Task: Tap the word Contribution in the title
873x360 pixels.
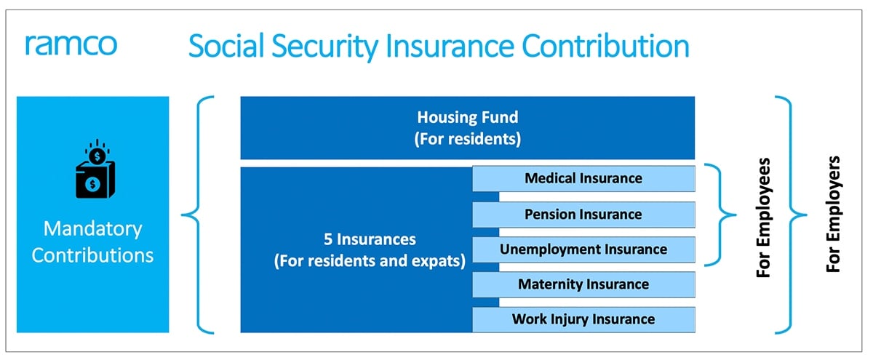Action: point(605,47)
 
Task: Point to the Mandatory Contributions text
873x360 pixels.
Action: point(92,242)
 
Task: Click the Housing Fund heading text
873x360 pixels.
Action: point(467,117)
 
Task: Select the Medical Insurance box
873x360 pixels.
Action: point(583,178)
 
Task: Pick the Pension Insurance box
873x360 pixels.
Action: point(583,214)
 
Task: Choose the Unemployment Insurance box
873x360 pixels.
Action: point(583,249)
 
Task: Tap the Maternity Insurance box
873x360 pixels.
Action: point(583,284)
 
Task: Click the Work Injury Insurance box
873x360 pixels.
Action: point(583,319)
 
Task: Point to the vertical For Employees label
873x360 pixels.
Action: point(763,216)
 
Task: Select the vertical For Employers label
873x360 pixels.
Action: point(834,215)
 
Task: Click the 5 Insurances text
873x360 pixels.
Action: point(370,239)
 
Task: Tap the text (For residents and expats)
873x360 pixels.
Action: point(370,261)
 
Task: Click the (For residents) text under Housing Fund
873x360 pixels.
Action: point(467,139)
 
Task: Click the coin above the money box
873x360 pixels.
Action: point(95,156)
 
